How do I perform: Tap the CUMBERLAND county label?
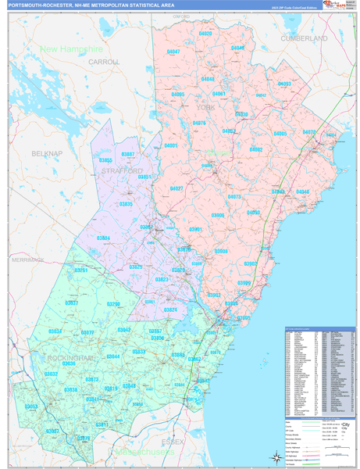point(305,38)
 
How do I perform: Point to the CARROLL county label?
point(104,61)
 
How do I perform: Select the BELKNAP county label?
point(46,154)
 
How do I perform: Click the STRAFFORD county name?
point(123,170)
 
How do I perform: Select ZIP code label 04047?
point(173,52)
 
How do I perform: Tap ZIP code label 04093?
point(284,84)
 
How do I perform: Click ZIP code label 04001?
point(171,146)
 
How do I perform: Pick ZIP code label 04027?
point(176,188)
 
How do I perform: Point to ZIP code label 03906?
point(218,215)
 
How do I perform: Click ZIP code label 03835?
point(126,204)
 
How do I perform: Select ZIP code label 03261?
point(80,270)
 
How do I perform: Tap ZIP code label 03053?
point(32,407)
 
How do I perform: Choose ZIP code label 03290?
point(114,304)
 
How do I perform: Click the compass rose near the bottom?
point(273,457)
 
